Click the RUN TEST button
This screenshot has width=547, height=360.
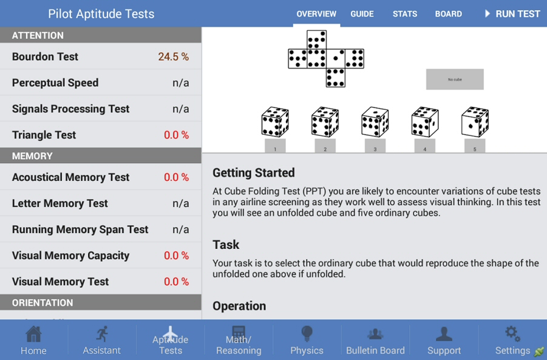512,14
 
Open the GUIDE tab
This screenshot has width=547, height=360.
362,14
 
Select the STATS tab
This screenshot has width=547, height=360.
405,14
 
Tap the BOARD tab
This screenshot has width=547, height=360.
448,14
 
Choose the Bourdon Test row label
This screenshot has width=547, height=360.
45,56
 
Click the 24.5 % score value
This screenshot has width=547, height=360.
173,56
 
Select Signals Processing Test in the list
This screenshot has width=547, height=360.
70,109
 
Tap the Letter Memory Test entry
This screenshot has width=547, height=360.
59,203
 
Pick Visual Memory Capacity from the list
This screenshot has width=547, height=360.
70,256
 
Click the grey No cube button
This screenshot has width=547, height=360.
455,80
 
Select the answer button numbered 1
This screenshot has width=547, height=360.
275,146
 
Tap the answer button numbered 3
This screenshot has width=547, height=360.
375,146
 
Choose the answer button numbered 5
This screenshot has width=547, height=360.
475,146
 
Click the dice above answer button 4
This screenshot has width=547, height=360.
424,122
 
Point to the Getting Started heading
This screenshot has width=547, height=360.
253,173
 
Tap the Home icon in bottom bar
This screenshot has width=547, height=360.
33,334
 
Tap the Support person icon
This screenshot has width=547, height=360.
444,334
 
